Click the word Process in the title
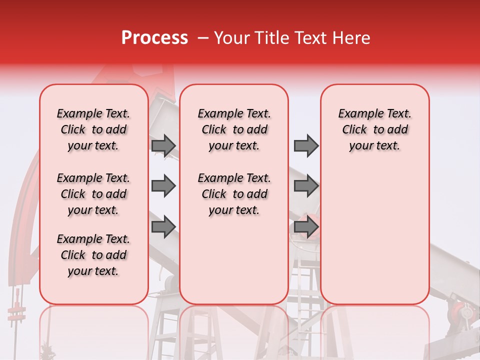pos(154,38)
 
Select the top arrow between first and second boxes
pos(163,145)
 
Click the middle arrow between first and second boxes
pos(163,186)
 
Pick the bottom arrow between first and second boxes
pos(163,227)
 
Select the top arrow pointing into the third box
pos(306,145)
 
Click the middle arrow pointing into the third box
pos(306,186)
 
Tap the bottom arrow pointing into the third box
pos(306,227)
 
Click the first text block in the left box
pos(93,129)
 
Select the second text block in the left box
pos(93,194)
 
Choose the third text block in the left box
pos(93,255)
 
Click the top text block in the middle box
pos(234,129)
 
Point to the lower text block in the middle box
pos(234,194)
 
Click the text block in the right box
pos(374,129)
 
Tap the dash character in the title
pos(203,38)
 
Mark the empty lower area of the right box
pos(374,240)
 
